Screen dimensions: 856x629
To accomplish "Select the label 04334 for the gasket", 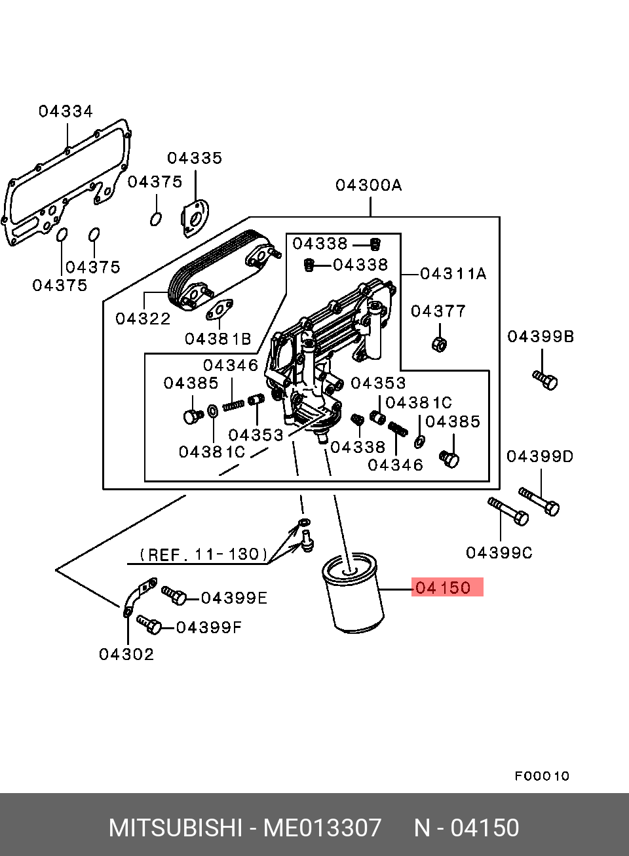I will (x=66, y=111).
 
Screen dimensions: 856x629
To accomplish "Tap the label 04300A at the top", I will (x=368, y=185).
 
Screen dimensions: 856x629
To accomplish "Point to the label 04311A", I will (x=453, y=273).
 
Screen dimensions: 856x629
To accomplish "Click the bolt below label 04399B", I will (x=545, y=379).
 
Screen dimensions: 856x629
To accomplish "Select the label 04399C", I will (x=499, y=553).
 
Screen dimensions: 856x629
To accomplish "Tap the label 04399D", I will (x=540, y=456).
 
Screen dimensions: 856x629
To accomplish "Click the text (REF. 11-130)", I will (x=204, y=555).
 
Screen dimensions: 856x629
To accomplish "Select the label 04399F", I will (x=209, y=627).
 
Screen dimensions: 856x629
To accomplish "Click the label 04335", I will (x=195, y=158).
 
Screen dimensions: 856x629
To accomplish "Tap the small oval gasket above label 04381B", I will (x=221, y=311).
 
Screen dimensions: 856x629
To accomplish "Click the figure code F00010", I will (x=542, y=776).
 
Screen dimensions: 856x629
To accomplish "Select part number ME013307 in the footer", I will (x=322, y=828).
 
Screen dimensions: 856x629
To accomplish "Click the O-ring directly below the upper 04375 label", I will (x=156, y=218).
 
